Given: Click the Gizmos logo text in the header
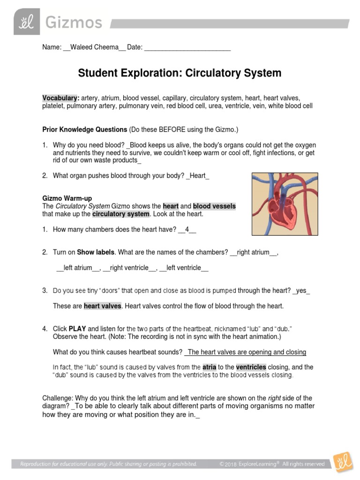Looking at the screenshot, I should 74,22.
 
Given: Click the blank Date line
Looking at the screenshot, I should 187,47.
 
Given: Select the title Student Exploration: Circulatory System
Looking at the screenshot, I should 180,73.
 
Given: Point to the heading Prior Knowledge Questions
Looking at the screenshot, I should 85,129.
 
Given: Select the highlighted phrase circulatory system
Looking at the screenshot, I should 120,214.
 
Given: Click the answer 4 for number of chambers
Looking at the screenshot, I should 187,229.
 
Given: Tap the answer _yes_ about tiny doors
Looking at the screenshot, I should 301,291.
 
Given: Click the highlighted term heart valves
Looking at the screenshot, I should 103,306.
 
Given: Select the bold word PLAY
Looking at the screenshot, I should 77,329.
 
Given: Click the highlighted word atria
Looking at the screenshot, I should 209,367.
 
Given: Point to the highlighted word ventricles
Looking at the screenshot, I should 251,367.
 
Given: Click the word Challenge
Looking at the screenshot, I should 58,398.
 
